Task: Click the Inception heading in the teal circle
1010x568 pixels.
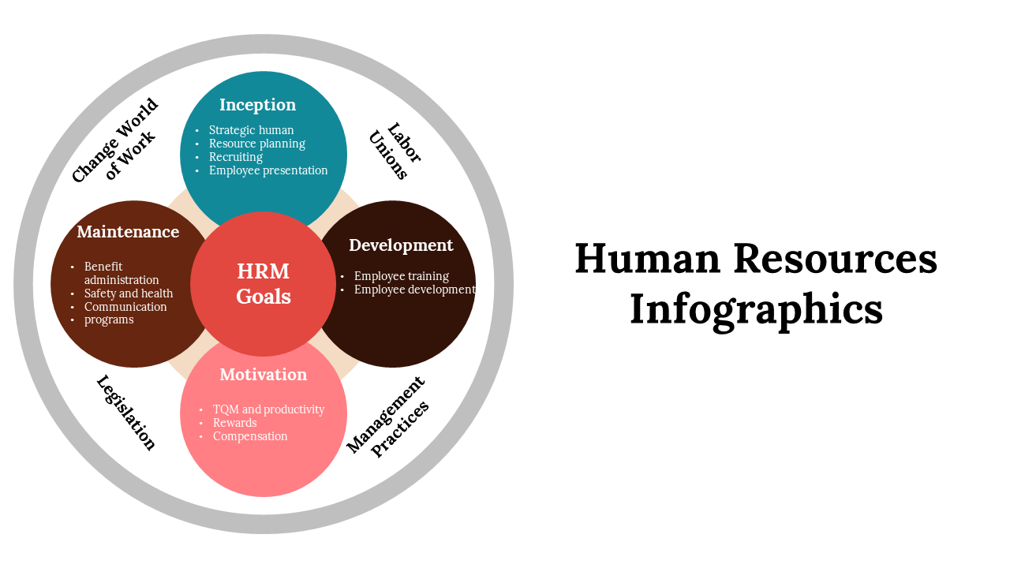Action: coord(257,105)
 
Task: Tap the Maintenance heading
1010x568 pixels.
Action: coord(128,232)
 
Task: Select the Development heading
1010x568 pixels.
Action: coord(401,245)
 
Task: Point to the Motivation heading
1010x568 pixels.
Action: coord(263,375)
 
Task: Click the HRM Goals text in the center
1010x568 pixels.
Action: coord(264,284)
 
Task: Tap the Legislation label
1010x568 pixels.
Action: coord(126,413)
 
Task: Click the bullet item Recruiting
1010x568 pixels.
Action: coord(235,157)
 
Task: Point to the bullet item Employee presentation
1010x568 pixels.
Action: coord(268,170)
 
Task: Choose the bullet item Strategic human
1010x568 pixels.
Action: coord(251,130)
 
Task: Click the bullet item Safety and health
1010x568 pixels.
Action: coord(129,293)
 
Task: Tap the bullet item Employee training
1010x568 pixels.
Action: coord(401,276)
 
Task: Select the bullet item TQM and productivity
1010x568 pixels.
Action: coord(268,409)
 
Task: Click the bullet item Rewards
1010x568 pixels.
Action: coord(234,423)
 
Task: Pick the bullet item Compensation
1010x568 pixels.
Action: coord(250,436)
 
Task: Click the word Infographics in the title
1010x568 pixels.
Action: coord(756,308)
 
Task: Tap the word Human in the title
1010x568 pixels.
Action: coord(647,258)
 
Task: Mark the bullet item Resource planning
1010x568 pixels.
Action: coord(256,144)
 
